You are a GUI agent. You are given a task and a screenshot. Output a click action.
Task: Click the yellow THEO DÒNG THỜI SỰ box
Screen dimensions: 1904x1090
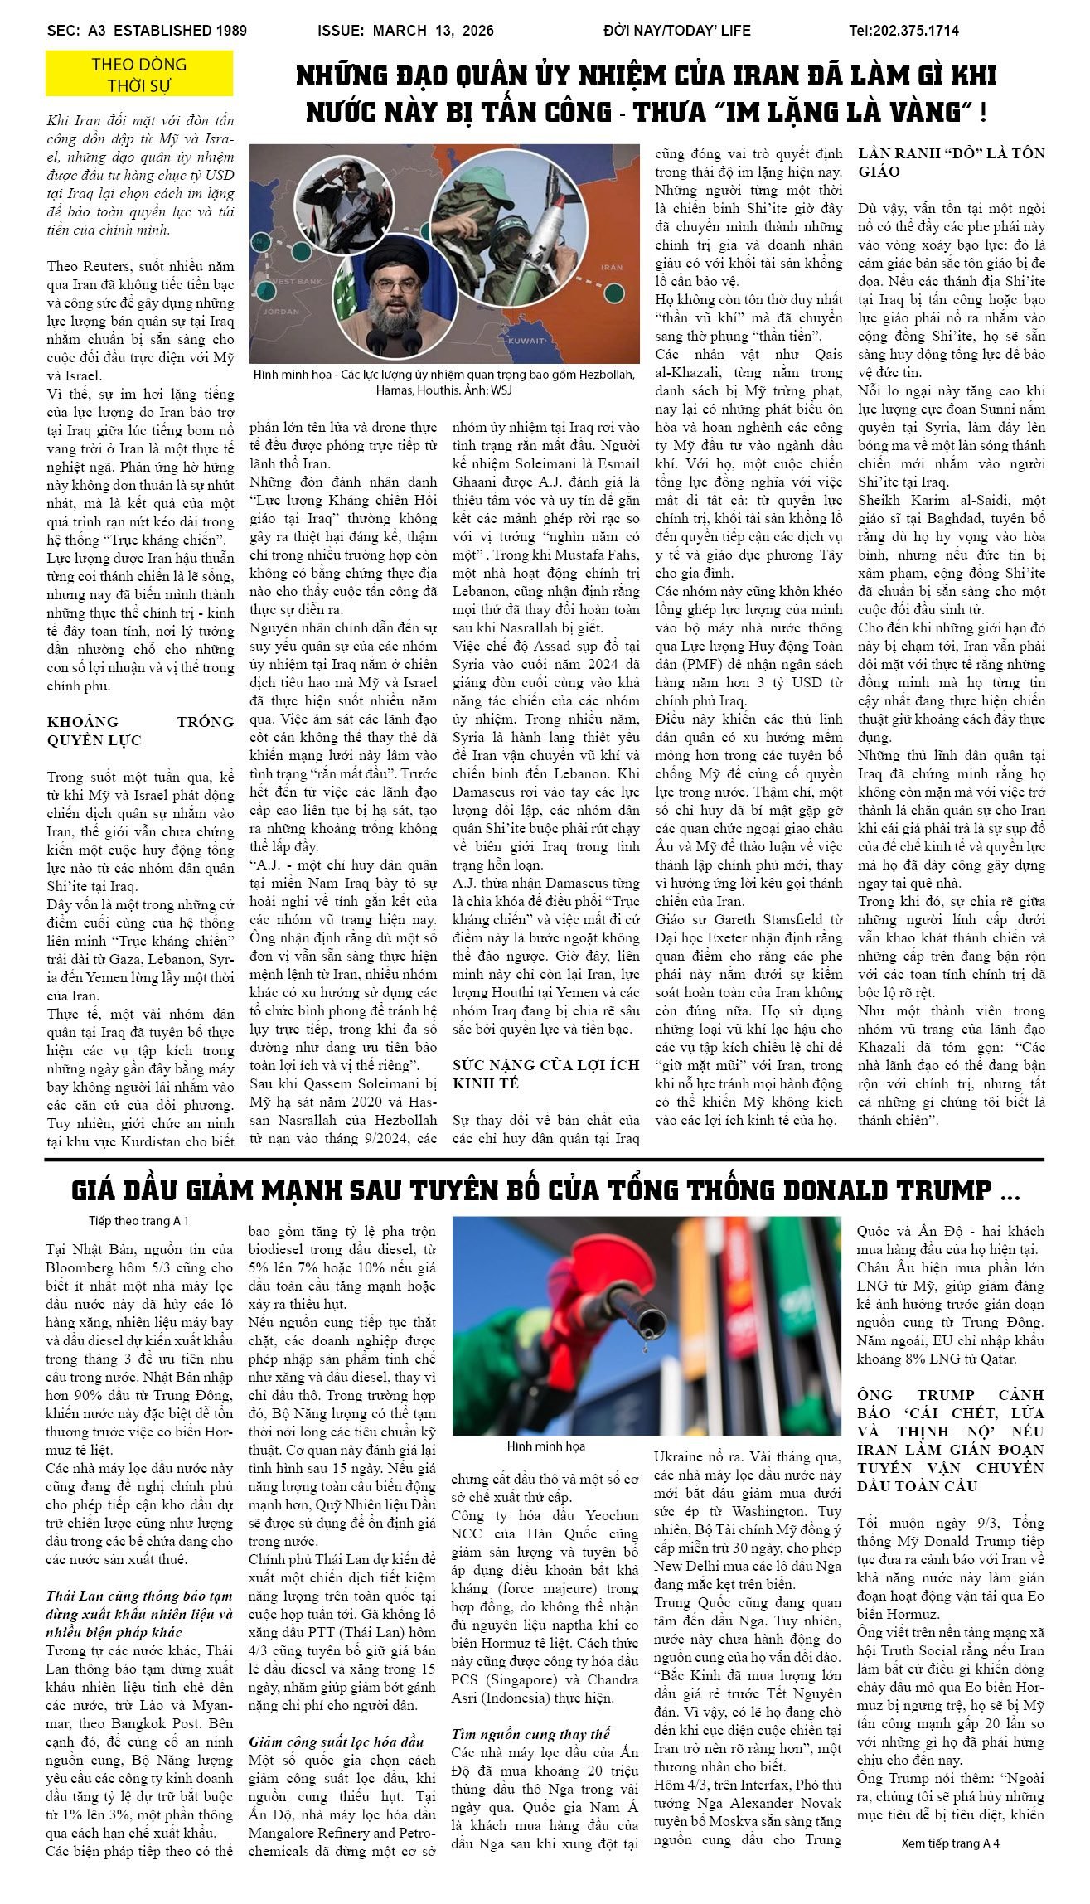[139, 74]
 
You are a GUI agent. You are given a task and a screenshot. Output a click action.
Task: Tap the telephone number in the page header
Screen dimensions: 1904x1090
[903, 31]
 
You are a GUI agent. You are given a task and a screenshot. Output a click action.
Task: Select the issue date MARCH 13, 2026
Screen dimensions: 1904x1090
[433, 31]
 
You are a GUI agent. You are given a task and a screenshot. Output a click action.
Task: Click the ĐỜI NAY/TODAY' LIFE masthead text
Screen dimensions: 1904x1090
[676, 31]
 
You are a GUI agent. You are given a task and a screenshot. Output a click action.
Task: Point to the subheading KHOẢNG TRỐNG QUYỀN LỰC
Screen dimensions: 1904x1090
[140, 731]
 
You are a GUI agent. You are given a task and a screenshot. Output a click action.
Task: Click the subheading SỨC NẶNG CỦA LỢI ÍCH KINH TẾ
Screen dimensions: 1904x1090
[545, 1073]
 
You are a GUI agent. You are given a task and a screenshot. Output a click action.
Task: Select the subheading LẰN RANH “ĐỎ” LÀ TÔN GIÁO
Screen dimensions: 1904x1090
[951, 162]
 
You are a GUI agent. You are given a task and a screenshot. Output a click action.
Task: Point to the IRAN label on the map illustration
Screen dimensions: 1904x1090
[611, 267]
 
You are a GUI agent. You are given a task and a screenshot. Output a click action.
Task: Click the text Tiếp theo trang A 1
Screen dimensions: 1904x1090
[139, 1221]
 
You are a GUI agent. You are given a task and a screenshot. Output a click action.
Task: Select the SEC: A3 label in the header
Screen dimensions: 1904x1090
[74, 31]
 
